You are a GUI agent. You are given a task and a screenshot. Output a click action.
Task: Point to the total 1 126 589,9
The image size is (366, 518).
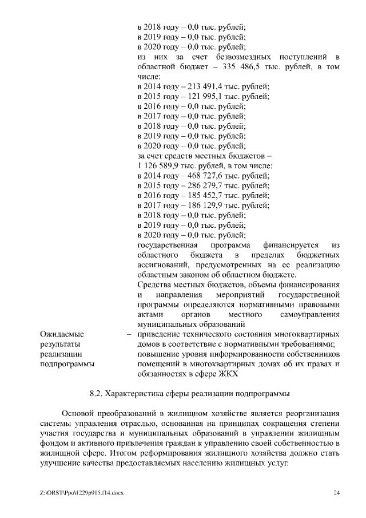pos(159,166)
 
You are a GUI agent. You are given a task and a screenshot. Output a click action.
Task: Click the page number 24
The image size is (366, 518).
pos(336,493)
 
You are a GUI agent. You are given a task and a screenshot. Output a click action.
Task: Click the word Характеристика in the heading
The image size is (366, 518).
pos(136,394)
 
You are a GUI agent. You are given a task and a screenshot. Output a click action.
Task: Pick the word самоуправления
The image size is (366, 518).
pos(309,315)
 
